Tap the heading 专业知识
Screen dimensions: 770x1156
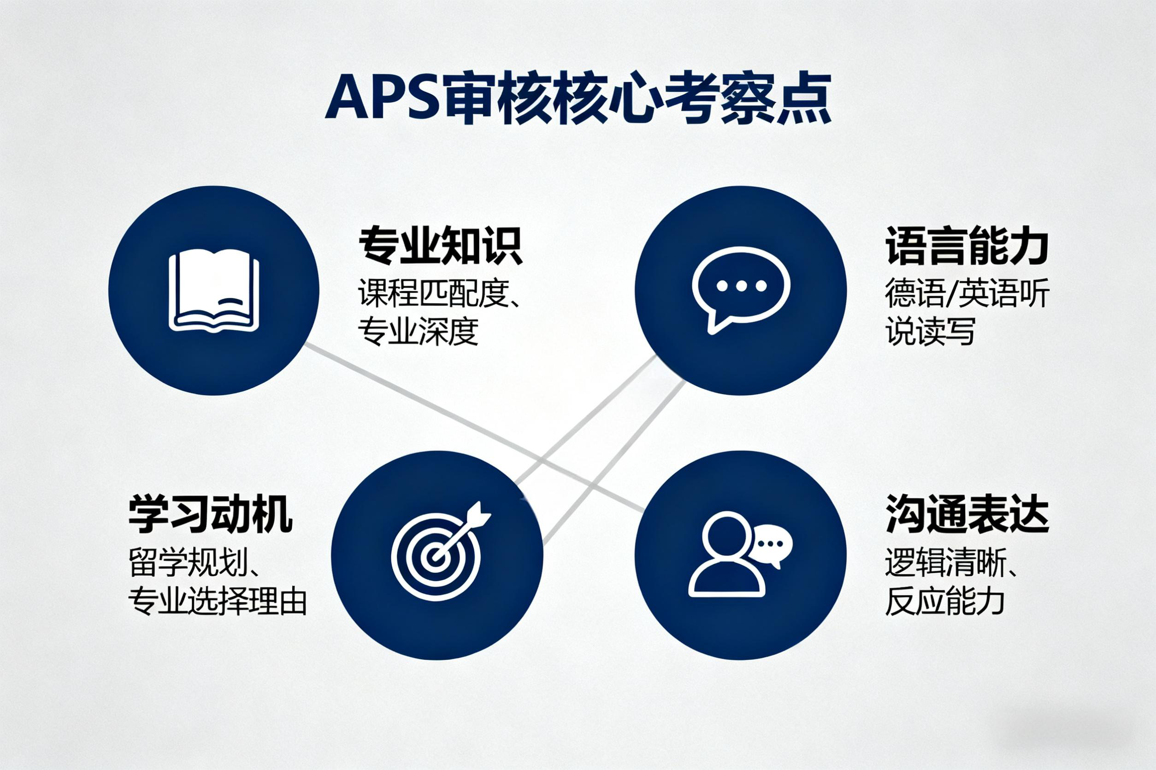(439, 245)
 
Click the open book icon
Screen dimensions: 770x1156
(214, 290)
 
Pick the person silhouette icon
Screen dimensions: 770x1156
(726, 555)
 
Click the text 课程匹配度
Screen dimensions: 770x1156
(432, 294)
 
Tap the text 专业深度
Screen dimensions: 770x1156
(418, 332)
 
